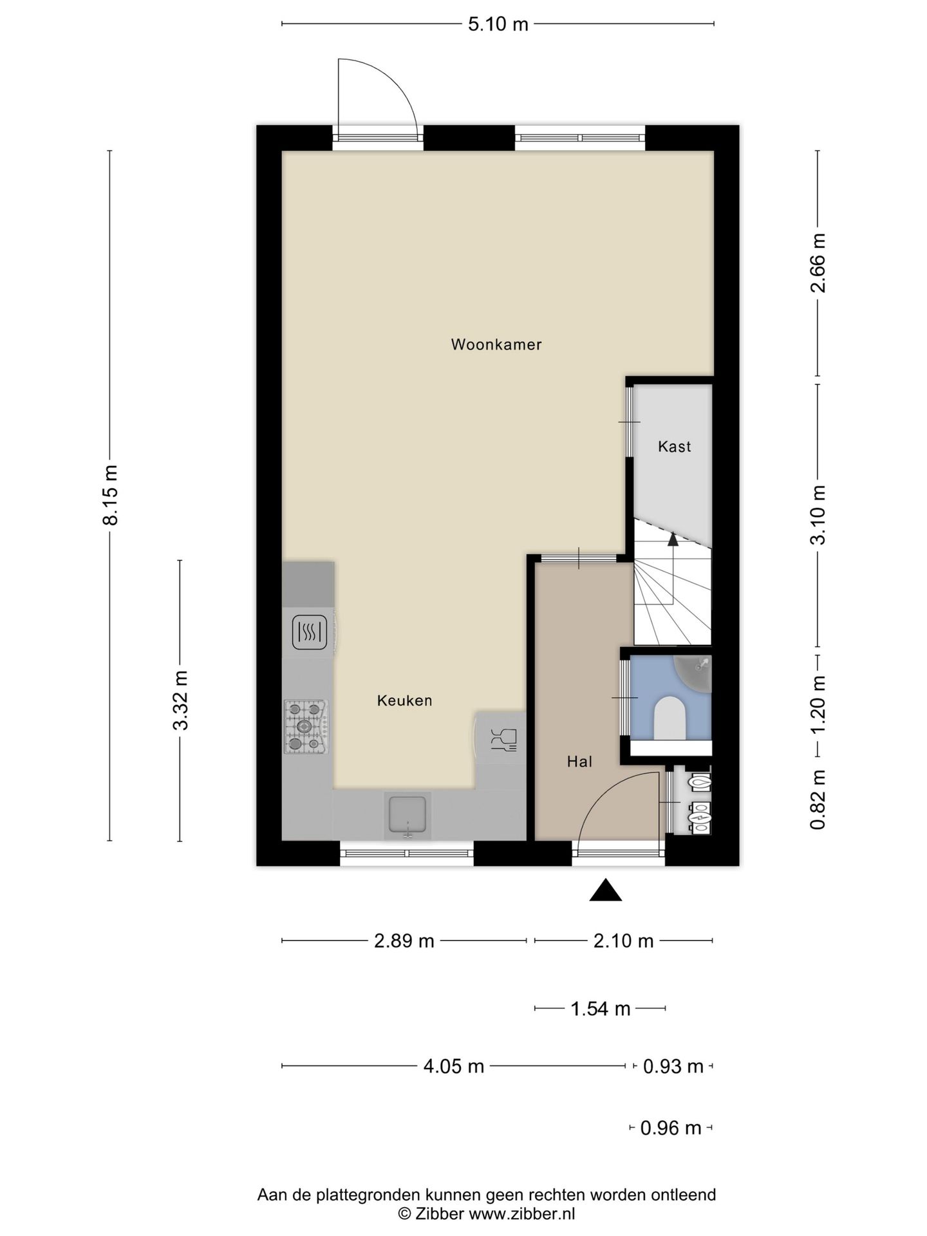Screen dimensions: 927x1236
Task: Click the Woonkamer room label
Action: point(496,344)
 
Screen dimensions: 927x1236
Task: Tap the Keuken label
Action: point(404,700)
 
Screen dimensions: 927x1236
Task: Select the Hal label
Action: point(579,762)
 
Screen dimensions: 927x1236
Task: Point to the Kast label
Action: point(674,446)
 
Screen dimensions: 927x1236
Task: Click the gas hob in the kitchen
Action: point(306,727)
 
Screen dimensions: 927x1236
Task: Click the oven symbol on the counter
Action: point(310,632)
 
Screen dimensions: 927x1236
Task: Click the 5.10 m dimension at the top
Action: point(498,24)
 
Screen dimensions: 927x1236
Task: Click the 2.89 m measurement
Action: point(404,941)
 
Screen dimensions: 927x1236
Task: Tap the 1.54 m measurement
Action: point(601,1009)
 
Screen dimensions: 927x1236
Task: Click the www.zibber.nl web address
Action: point(521,1215)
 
